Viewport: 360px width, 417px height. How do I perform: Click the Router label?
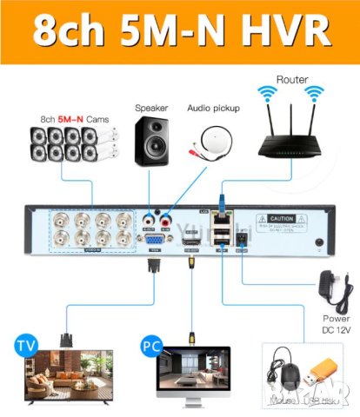coord(291,78)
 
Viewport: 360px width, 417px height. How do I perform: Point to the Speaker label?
coord(151,109)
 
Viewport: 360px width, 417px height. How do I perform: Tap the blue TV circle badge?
coord(27,346)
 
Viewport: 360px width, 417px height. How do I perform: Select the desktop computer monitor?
coord(192,379)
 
